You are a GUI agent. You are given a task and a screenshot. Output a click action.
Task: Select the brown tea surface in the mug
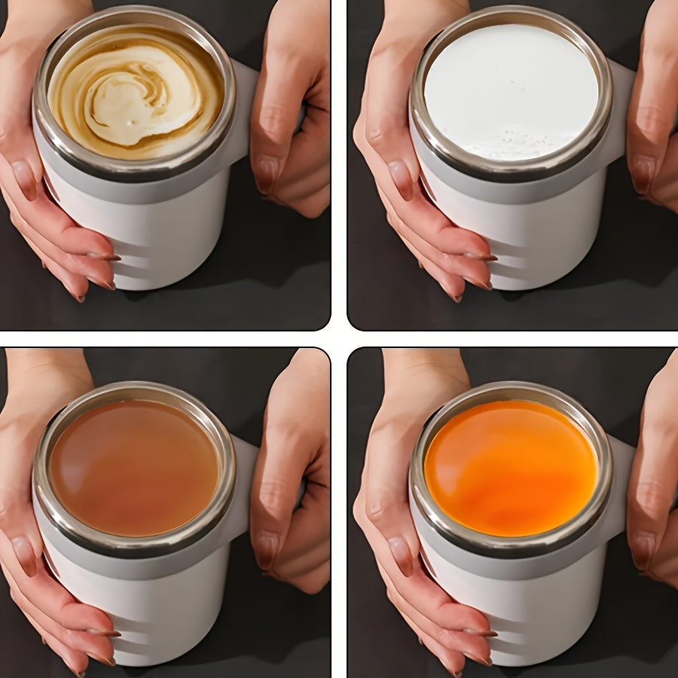(x=134, y=467)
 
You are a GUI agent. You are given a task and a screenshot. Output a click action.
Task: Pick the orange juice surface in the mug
(x=511, y=467)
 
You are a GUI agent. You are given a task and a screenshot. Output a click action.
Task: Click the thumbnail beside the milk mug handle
(x=643, y=175)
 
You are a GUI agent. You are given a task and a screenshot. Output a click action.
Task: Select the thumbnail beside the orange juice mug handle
(x=643, y=550)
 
